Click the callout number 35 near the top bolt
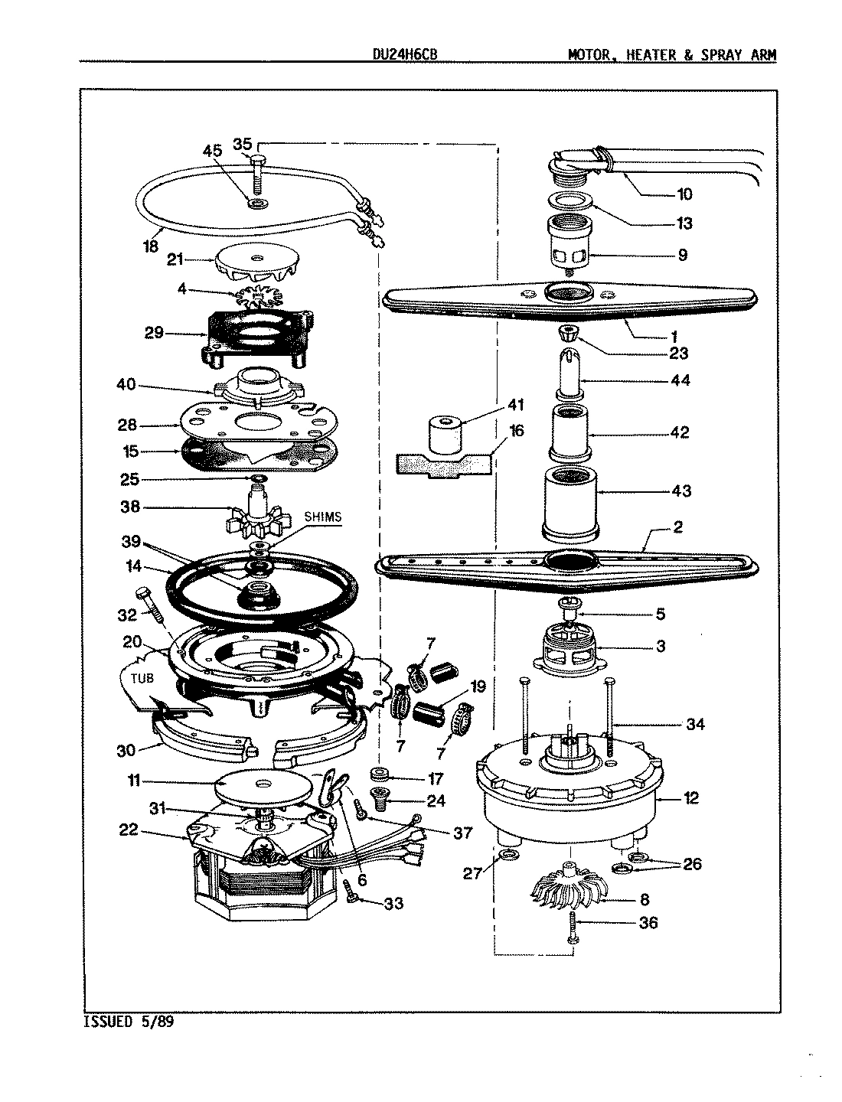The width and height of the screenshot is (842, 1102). [x=242, y=144]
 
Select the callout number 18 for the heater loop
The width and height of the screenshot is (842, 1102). [x=150, y=246]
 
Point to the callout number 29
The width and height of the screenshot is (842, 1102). [x=155, y=334]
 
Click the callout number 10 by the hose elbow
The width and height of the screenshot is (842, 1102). [x=684, y=194]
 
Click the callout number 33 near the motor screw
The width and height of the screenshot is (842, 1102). [x=393, y=904]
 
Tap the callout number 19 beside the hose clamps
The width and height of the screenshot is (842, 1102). [x=478, y=686]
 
